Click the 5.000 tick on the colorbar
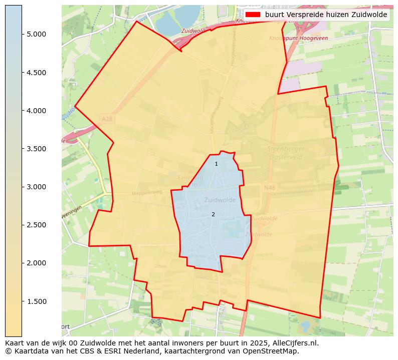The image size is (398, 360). point(36,34)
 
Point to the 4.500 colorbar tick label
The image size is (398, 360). point(36,73)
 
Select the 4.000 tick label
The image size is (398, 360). point(36,111)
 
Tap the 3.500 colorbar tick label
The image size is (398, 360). point(36,149)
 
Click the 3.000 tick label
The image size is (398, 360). point(36,187)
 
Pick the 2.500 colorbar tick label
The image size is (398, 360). point(36,225)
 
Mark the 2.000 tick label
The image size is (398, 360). point(36,263)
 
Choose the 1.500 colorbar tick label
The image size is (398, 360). point(36,301)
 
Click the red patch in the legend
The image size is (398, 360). point(253,15)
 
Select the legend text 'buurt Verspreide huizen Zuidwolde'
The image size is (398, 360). point(326,15)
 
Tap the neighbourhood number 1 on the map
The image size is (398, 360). point(216,164)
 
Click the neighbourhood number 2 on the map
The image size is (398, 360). point(213,214)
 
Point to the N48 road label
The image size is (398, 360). point(269,187)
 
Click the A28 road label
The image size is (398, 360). point(107,119)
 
